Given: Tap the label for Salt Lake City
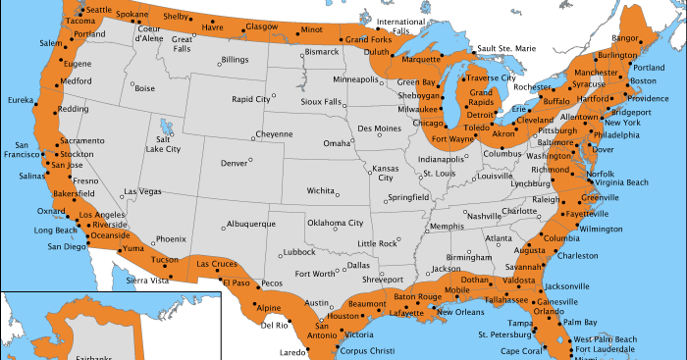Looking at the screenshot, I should pyautogui.click(x=163, y=143).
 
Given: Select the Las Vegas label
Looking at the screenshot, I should pyautogui.click(x=143, y=191).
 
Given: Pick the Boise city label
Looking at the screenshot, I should pyautogui.click(x=144, y=88).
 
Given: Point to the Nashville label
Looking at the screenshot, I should pyautogui.click(x=484, y=216).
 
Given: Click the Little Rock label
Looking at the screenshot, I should pyautogui.click(x=378, y=242).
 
